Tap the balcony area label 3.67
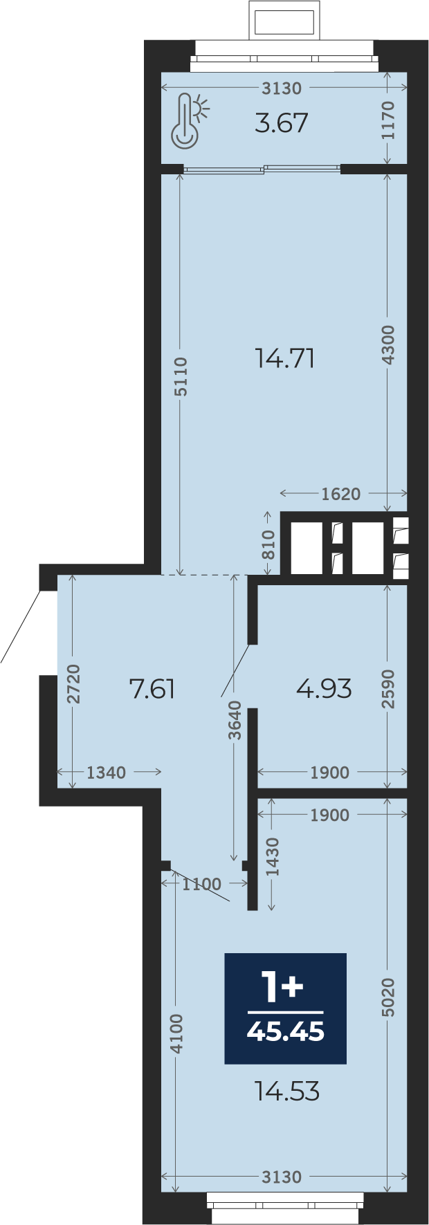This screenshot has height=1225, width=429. (282, 123)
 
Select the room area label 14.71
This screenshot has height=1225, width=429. (285, 358)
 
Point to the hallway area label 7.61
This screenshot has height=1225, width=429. (153, 689)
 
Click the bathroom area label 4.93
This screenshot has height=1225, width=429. (325, 689)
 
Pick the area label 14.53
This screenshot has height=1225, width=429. (287, 1092)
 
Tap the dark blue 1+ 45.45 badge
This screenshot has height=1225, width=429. (285, 1008)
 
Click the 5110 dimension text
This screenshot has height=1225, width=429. (181, 377)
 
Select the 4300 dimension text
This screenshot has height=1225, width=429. (388, 345)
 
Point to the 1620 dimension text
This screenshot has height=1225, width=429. (341, 494)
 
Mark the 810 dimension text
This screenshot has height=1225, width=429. (268, 544)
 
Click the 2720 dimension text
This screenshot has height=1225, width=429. (73, 684)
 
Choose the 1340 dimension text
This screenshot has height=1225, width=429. (106, 773)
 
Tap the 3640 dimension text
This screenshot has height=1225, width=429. (235, 721)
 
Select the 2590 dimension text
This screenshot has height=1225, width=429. (388, 689)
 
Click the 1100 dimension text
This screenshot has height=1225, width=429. (201, 884)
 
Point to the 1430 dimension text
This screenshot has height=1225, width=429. (273, 857)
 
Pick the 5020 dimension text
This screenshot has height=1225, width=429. (388, 997)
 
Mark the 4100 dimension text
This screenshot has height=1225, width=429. (177, 1034)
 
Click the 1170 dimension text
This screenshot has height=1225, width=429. (388, 120)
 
